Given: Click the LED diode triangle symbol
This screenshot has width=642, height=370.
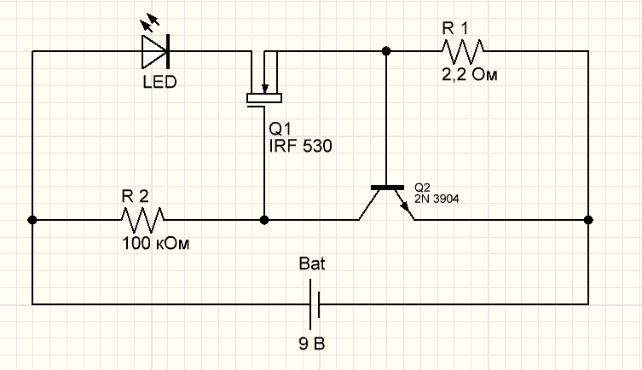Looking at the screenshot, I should [156, 51].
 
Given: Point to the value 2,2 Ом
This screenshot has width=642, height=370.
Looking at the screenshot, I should [469, 75].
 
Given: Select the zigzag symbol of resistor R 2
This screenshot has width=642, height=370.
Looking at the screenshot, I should [143, 220].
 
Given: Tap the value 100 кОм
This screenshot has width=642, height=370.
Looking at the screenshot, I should [154, 244].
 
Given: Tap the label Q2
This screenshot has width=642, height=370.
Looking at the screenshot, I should [422, 187].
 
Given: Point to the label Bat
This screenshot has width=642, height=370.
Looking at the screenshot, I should [313, 263].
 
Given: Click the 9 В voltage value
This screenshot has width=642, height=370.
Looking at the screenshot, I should [312, 345].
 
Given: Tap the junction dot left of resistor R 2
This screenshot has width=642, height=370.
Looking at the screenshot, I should [32, 220].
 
